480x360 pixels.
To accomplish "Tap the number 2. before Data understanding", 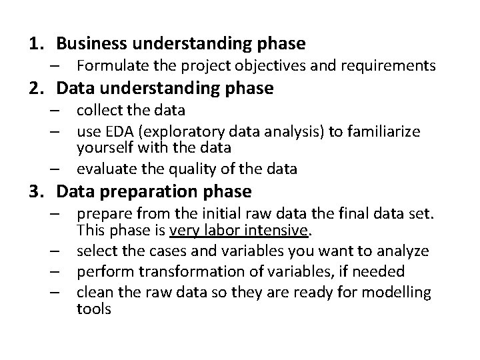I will click(36, 87).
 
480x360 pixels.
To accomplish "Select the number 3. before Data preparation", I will click(36, 192).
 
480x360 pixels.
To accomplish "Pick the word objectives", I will click(254, 66).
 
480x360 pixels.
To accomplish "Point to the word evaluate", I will click(103, 169).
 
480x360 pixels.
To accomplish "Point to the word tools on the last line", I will click(94, 309).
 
